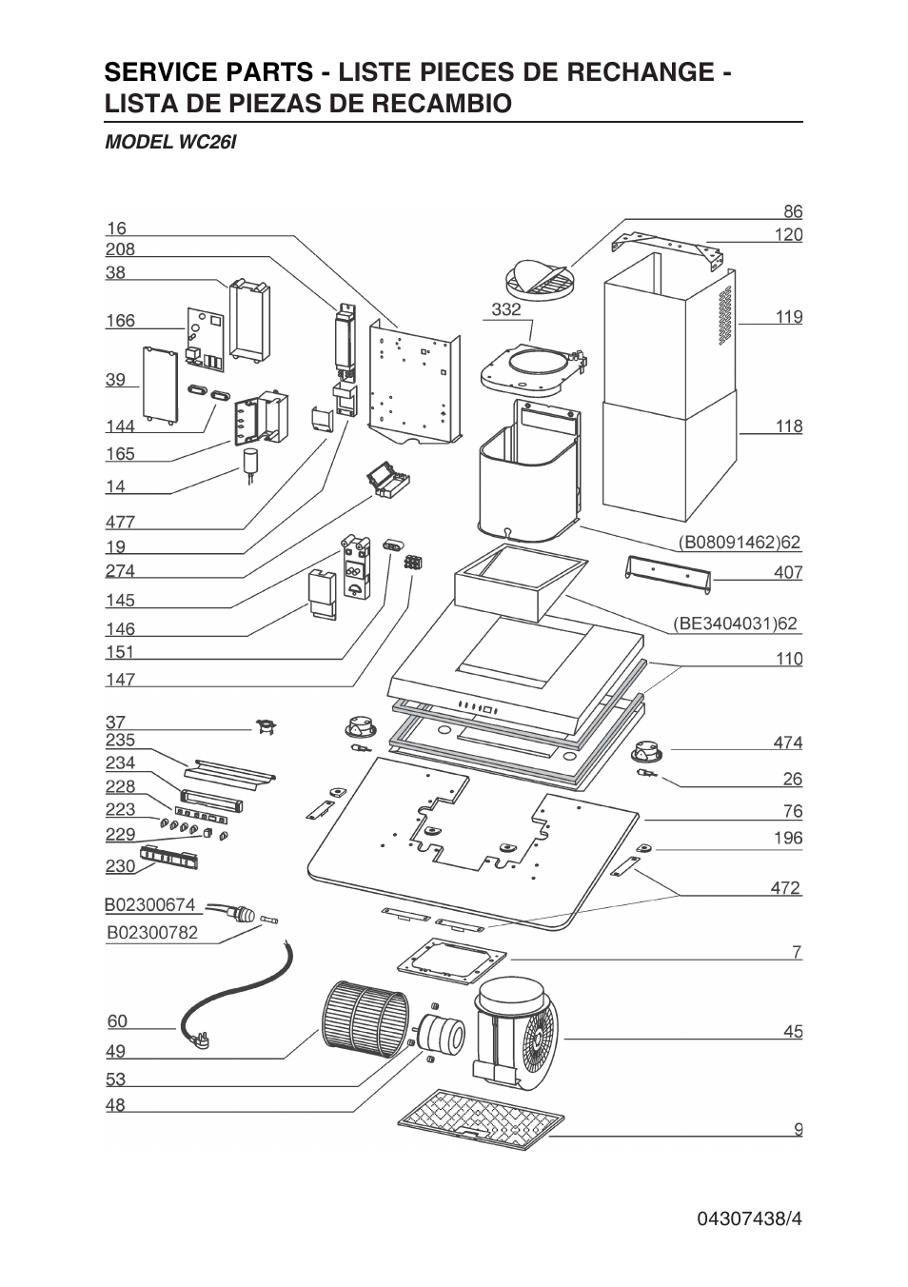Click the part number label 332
[506, 309]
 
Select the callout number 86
[792, 211]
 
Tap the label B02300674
[150, 904]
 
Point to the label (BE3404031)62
[735, 624]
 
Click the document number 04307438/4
[749, 1218]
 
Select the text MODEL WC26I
[169, 142]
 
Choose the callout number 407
[788, 572]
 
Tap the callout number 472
[785, 888]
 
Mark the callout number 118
[789, 426]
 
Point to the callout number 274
[120, 571]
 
